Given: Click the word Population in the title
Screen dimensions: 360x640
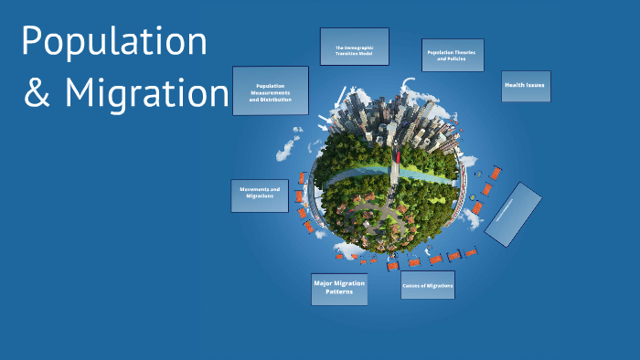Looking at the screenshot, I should pos(114,42).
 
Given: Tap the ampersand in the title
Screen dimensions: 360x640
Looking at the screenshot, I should pos(37,94).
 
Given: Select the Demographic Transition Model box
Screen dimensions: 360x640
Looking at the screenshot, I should pos(355,47).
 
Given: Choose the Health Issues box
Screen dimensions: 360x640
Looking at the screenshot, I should pos(526,86).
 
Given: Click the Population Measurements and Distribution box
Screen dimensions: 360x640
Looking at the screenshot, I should pos(271,91).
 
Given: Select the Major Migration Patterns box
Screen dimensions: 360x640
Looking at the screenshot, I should pos(339,289).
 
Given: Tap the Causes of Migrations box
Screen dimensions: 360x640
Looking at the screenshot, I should pos(428,286).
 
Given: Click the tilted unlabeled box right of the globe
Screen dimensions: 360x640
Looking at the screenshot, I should pos(513,215).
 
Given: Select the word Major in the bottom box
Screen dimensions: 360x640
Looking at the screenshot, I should pos(325,283).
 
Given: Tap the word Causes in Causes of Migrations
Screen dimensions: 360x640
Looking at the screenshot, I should pos(413,286).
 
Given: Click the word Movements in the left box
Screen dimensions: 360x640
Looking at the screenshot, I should pos(254,190).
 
